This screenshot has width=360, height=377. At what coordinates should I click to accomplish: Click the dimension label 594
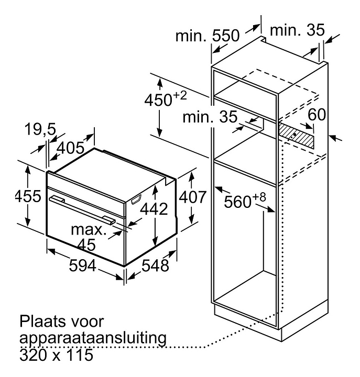[x=83, y=266]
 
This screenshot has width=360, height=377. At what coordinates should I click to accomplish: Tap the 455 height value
[x=27, y=197]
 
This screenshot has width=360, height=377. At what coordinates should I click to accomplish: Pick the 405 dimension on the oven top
[x=71, y=148]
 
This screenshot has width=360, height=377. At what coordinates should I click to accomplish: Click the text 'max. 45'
[x=90, y=236]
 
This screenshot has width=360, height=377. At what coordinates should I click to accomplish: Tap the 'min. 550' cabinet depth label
[x=207, y=36]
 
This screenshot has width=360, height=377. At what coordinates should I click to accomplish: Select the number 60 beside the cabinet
[x=317, y=114]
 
